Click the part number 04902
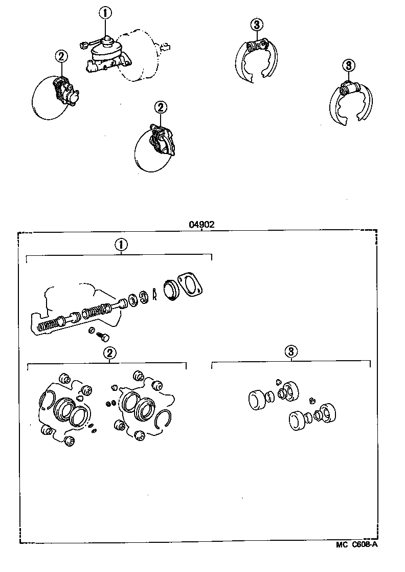pos(202,224)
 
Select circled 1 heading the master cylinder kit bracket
pos(121,245)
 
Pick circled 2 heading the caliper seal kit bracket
pos(109,353)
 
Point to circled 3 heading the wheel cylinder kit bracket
pos(290,351)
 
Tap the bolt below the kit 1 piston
pos(102,336)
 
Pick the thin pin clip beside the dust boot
pos(153,296)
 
